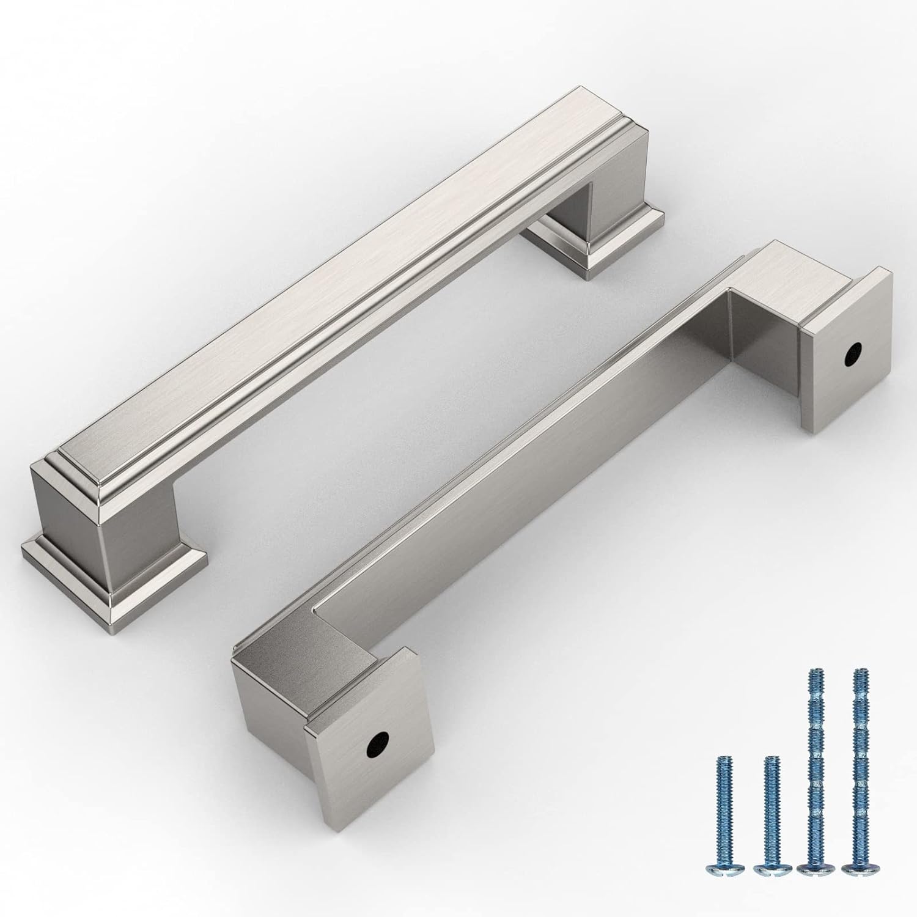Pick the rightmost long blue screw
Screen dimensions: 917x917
[x=858, y=764]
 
